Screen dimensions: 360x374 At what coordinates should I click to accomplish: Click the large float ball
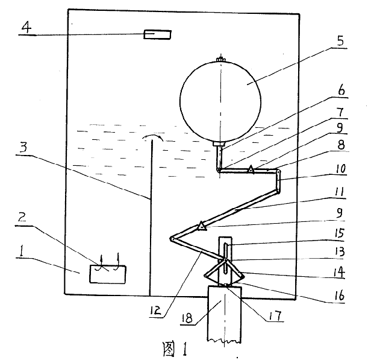point(221,100)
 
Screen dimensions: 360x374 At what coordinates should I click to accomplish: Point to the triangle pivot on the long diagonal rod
point(202,226)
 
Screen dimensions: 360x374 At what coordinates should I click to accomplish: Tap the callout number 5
point(340,41)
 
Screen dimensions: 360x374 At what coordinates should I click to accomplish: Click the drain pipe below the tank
point(224,320)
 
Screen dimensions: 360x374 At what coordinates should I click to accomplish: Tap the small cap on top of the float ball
point(221,58)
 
